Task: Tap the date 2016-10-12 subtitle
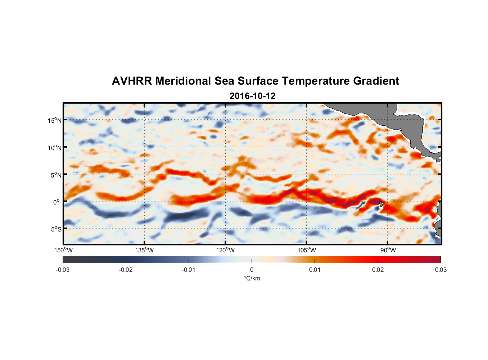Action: pyautogui.click(x=252, y=96)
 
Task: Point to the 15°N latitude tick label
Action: pyautogui.click(x=55, y=120)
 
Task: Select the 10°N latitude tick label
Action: pyautogui.click(x=55, y=148)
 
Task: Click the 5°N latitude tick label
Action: pyautogui.click(x=56, y=175)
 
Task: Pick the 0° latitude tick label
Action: pyautogui.click(x=57, y=202)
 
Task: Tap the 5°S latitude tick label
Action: pyautogui.click(x=56, y=229)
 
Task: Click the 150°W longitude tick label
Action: pyautogui.click(x=64, y=250)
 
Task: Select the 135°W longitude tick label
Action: pyautogui.click(x=145, y=250)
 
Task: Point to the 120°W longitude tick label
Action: pyautogui.click(x=226, y=250)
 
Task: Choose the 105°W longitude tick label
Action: pyautogui.click(x=307, y=250)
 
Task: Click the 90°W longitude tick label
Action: pyautogui.click(x=388, y=250)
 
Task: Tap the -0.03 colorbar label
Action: pyautogui.click(x=63, y=270)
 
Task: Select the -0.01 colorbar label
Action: pyautogui.click(x=189, y=270)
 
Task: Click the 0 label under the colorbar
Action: pyautogui.click(x=252, y=270)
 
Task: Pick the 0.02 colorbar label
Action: pyautogui.click(x=378, y=270)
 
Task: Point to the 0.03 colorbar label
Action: pyautogui.click(x=440, y=270)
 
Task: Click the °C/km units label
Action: pyautogui.click(x=252, y=278)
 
